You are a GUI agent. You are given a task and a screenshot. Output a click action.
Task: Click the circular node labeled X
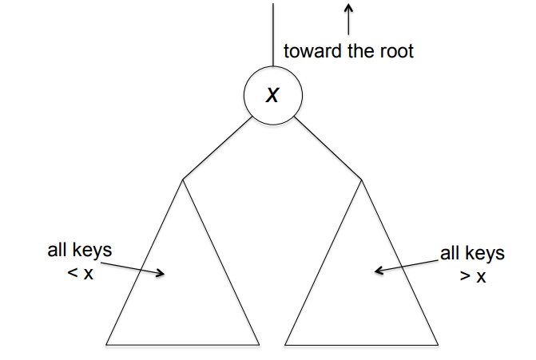273,95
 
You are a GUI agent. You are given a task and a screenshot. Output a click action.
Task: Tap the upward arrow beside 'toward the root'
348,18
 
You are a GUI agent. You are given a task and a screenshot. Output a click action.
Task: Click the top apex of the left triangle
183,179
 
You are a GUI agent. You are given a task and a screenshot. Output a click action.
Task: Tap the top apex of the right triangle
362,180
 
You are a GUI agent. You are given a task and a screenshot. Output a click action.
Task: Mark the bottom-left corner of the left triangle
107,344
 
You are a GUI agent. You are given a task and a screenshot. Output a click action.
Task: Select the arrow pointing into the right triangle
407,266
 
